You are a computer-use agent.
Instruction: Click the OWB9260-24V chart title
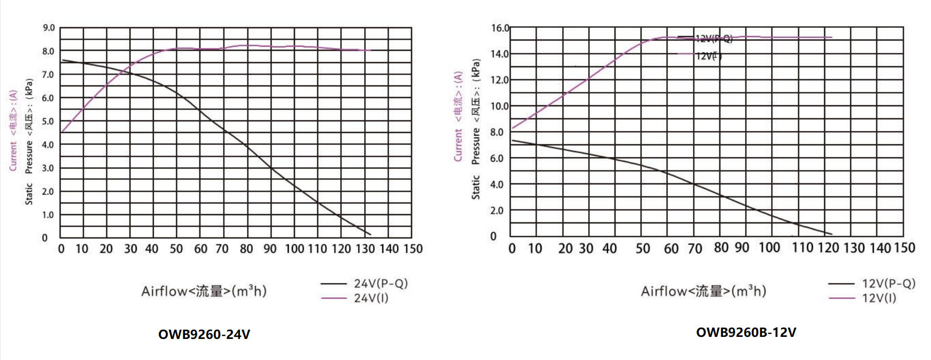(204, 334)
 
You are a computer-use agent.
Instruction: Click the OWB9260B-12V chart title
(746, 332)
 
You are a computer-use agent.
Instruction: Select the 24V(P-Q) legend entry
(380, 283)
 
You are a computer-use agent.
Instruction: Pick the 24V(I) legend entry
(370, 298)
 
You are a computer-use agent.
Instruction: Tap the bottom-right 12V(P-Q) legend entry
(888, 283)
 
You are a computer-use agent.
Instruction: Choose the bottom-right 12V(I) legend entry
(879, 298)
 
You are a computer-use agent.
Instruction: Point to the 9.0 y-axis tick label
(48, 28)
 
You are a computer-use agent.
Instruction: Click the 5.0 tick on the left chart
(48, 121)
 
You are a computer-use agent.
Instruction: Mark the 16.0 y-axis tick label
(500, 28)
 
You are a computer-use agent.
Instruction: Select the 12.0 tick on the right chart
(499, 80)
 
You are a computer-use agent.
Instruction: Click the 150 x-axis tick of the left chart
(413, 249)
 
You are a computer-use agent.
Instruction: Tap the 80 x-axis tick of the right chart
(721, 248)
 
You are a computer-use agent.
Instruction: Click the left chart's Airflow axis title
(203, 291)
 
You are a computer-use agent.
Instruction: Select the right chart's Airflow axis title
(703, 291)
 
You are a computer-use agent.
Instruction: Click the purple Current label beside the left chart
(13, 130)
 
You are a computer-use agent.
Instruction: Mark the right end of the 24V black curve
(370, 235)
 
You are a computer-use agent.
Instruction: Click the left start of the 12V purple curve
(512, 128)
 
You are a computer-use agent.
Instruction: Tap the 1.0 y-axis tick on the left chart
(48, 215)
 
